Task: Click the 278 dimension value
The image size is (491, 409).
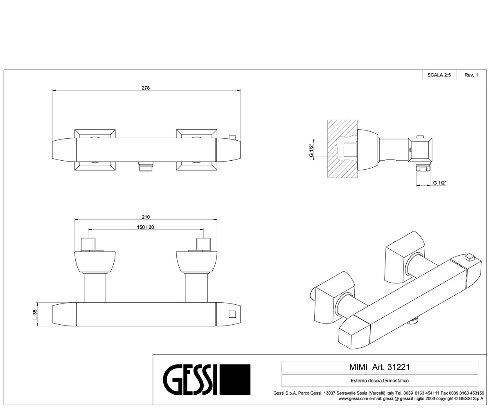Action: click(146, 88)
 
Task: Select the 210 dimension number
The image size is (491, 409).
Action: click(146, 217)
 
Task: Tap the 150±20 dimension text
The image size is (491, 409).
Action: click(146, 227)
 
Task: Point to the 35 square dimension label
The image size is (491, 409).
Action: click(35, 315)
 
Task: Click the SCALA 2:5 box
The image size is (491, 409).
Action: click(439, 75)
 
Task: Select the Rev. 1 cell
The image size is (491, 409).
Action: click(471, 75)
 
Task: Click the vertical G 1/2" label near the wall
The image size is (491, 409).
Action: click(311, 150)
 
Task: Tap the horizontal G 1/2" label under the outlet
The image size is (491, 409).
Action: click(440, 183)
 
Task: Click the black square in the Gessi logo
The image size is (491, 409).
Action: click(235, 380)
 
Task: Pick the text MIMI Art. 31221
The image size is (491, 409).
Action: click(380, 367)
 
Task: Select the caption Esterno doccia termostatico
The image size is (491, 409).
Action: click(380, 380)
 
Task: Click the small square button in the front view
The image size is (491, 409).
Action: click(232, 314)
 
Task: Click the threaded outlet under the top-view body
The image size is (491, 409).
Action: click(146, 166)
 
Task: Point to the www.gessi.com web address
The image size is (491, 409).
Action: click(353, 398)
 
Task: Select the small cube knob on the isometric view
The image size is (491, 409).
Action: click(469, 257)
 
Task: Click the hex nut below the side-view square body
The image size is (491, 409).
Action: click(423, 168)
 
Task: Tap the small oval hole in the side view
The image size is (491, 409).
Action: click(410, 150)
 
